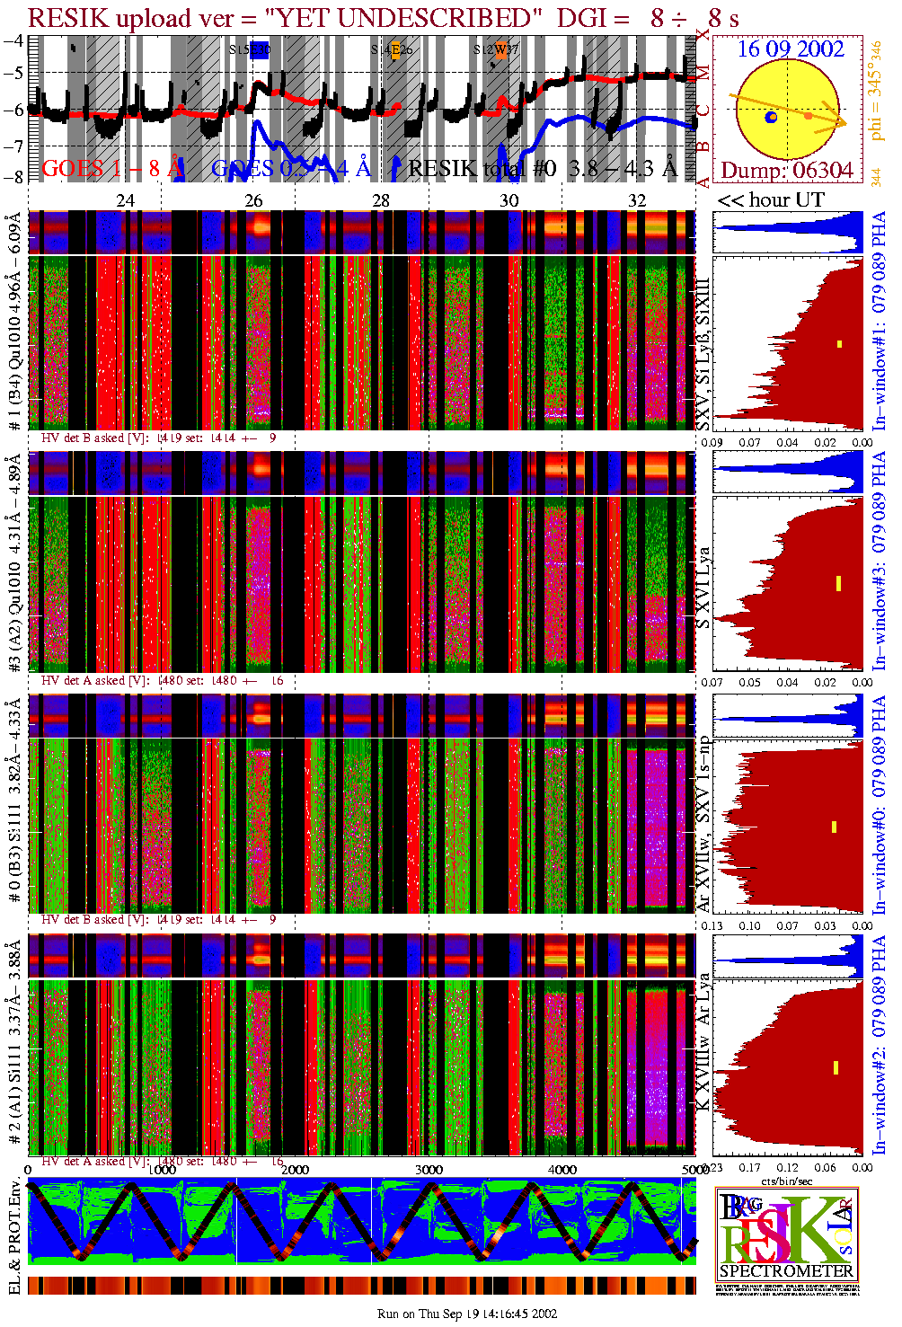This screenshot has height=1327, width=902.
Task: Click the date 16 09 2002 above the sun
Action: (791, 49)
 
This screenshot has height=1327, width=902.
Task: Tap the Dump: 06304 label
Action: (786, 170)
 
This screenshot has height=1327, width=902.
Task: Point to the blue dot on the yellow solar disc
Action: (771, 118)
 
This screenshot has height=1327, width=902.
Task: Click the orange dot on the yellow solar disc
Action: (809, 116)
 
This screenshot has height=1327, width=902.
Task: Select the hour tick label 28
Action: (381, 200)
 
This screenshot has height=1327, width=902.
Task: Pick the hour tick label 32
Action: (637, 200)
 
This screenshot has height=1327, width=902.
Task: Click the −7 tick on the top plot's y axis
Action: (13, 146)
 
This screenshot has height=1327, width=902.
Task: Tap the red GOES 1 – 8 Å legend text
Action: (112, 168)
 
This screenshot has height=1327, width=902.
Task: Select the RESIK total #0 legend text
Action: (482, 168)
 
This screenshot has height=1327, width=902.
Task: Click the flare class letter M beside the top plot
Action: (703, 72)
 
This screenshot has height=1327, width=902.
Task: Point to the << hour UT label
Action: (770, 199)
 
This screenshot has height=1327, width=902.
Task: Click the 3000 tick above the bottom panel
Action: (429, 1170)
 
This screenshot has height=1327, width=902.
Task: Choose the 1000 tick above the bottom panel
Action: (162, 1170)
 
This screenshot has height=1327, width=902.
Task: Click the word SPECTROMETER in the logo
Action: (786, 1270)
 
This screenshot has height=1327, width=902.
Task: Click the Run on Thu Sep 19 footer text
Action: (467, 1314)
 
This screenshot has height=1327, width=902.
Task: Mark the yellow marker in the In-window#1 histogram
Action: (840, 343)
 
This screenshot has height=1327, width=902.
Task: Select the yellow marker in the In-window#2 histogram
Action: (836, 1067)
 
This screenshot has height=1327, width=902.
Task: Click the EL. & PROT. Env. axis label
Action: (14, 1237)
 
